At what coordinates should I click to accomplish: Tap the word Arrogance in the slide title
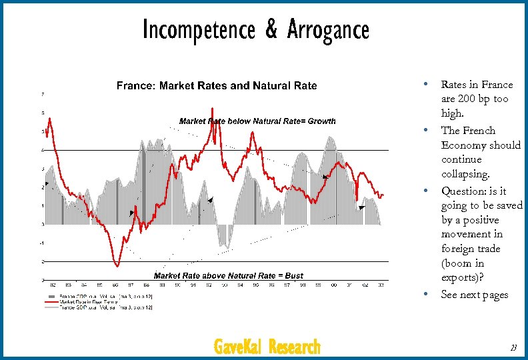click(x=328, y=30)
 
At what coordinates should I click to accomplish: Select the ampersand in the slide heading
click(x=272, y=31)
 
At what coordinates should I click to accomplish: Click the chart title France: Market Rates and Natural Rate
click(x=217, y=85)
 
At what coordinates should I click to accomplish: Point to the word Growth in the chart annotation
click(x=321, y=121)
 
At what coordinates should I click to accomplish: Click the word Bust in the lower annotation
click(x=293, y=275)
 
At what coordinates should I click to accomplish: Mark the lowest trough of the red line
click(x=117, y=265)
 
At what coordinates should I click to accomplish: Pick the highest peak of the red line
click(x=212, y=108)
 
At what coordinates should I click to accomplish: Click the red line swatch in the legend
click(x=51, y=301)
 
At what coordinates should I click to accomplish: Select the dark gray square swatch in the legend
click(x=51, y=296)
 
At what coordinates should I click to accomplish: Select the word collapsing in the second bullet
click(x=464, y=175)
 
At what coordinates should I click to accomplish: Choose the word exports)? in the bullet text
click(x=463, y=277)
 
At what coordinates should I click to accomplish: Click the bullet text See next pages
click(x=475, y=295)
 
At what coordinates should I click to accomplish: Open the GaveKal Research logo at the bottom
click(x=267, y=347)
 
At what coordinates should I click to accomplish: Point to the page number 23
click(x=513, y=347)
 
